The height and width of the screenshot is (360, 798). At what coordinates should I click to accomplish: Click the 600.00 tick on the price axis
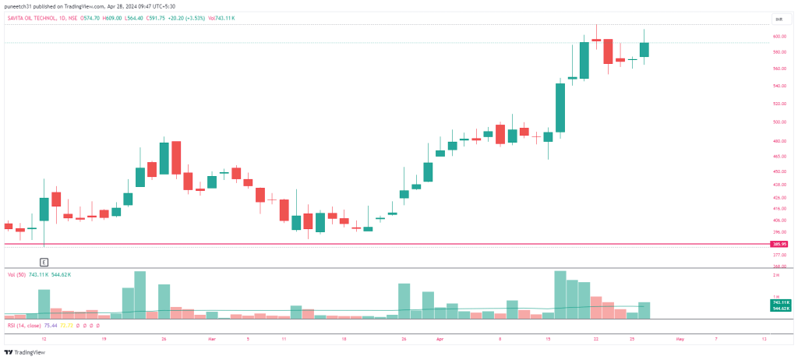779,37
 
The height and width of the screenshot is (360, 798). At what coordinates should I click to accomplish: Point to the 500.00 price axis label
779,122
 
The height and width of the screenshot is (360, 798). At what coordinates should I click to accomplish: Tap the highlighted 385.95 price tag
779,244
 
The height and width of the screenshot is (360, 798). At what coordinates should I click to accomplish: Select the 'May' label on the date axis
680,340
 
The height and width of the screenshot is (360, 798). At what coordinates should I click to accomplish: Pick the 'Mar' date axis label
211,340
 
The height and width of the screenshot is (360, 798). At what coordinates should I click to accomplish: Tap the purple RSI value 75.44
51,325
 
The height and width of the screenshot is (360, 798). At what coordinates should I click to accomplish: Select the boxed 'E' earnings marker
44,263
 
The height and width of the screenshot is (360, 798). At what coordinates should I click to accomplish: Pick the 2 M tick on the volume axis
776,275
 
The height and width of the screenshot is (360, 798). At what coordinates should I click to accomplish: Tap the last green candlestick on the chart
644,49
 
